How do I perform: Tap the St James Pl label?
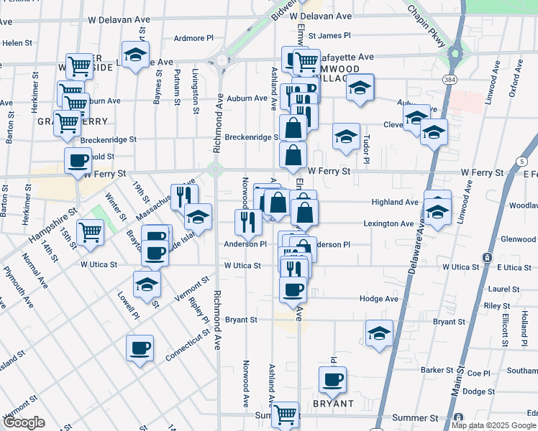click(x=329, y=34)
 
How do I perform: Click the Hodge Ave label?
click(x=380, y=299)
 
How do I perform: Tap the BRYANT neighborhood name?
click(x=334, y=404)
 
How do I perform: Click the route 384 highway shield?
click(x=450, y=78)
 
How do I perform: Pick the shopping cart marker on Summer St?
click(x=286, y=414)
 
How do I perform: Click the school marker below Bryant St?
click(x=379, y=333)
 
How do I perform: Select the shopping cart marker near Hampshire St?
click(x=90, y=232)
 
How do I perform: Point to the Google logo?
click(x=23, y=422)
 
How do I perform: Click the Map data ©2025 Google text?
click(x=493, y=425)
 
